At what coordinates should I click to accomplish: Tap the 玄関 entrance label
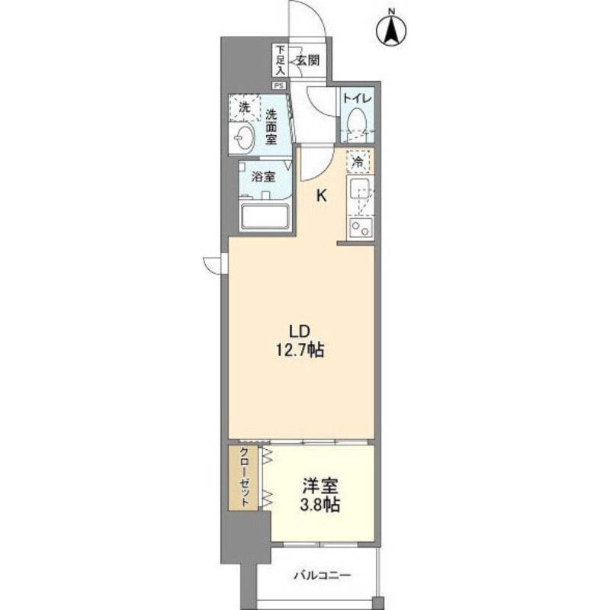pyautogui.click(x=307, y=60)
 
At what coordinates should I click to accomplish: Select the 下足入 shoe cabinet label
pyautogui.click(x=281, y=59)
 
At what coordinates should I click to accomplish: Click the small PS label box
pyautogui.click(x=280, y=85)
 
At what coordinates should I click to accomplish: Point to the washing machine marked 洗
pyautogui.click(x=245, y=108)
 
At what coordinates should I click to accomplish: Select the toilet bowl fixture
pyautogui.click(x=356, y=122)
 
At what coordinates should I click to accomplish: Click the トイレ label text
pyautogui.click(x=356, y=98)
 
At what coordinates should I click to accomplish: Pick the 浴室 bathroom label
pyautogui.click(x=264, y=177)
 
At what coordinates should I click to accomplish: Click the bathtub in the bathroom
pyautogui.click(x=265, y=216)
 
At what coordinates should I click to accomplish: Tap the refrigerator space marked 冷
pyautogui.click(x=357, y=162)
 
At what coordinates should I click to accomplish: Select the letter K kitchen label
pyautogui.click(x=322, y=195)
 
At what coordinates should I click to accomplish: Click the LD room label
pyautogui.click(x=298, y=332)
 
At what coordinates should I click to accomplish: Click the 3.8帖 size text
pyautogui.click(x=320, y=505)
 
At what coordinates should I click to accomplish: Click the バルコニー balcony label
pyautogui.click(x=321, y=576)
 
